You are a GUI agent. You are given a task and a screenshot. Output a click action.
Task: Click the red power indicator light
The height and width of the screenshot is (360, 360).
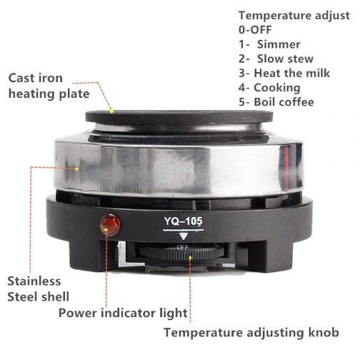click(x=110, y=224)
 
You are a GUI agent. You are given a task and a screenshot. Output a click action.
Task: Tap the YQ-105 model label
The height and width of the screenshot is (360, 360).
click(x=183, y=221)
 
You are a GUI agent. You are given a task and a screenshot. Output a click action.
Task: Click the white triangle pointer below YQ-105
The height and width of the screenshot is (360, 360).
click(x=184, y=236)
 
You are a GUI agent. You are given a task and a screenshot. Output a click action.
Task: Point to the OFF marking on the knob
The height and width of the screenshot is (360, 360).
click(x=183, y=248)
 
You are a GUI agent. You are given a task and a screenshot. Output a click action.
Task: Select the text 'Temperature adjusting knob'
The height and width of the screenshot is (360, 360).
click(x=251, y=332)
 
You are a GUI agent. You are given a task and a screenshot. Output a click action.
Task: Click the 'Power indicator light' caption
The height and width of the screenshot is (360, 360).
click(x=123, y=313)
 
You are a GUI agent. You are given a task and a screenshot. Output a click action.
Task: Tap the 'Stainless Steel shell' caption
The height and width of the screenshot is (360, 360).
click(x=38, y=289)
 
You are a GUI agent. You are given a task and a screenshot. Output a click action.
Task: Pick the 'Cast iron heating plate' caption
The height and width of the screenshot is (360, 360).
click(x=49, y=86)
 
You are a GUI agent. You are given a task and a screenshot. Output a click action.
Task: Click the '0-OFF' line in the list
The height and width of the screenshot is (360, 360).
click(x=255, y=30)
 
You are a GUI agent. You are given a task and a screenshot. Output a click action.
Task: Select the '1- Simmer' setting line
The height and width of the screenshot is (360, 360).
click(x=269, y=44)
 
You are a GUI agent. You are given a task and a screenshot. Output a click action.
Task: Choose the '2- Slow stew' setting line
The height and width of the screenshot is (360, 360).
click(x=276, y=59)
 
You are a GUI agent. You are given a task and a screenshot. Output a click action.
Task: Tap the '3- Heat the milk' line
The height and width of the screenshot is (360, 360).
click(x=284, y=73)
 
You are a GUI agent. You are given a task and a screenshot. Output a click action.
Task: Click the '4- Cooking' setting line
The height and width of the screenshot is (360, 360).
click(x=269, y=88)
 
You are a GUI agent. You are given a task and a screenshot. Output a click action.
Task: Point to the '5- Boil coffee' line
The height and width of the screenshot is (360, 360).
click(x=276, y=102)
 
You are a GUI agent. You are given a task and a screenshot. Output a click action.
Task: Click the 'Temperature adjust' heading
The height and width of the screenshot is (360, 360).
click(x=294, y=16)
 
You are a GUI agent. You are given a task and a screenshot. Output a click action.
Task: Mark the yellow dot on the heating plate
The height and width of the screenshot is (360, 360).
click(x=111, y=111)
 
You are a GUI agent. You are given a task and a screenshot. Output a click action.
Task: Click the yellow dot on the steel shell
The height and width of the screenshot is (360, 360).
click(x=76, y=169)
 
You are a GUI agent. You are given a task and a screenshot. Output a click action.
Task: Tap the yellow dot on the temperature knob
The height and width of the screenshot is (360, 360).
click(x=190, y=257)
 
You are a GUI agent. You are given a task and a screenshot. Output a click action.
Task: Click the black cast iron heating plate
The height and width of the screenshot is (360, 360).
click(x=179, y=118)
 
